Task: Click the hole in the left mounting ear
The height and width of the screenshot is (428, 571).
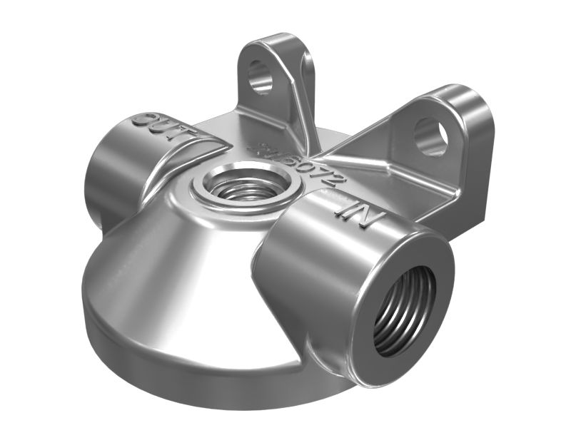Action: point(261,78)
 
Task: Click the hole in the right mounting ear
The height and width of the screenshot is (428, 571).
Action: point(430,136)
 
